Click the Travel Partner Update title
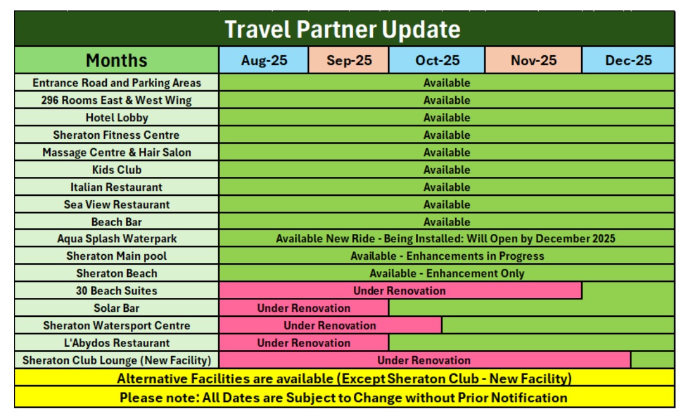pos(343,29)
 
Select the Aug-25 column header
pos(264,60)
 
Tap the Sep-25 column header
pos(349,60)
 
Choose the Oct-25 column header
pos(437,60)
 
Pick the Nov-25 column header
pos(534,60)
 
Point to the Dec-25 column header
pos(628,60)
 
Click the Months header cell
pos(116,60)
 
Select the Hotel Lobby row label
pos(117,117)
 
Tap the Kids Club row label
pos(117,169)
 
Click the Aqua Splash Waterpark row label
pos(117,238)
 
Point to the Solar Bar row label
pos(116,308)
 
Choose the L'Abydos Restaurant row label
pos(117,343)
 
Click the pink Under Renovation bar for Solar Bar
pos(303,308)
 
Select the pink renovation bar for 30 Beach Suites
pos(400,290)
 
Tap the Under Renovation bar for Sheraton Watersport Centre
pos(330,325)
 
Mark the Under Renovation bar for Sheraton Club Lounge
pos(424,360)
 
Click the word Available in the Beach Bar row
pos(447,222)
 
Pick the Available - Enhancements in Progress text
pos(447,256)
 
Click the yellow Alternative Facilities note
pos(345,378)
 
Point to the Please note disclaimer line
pos(343,398)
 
